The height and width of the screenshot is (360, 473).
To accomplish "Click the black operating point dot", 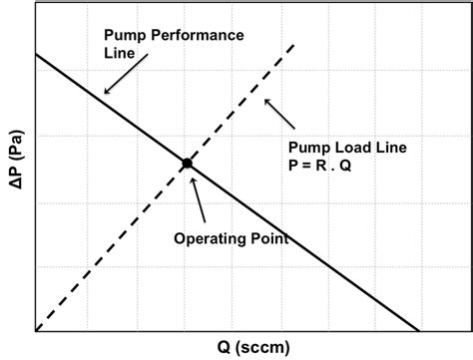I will click(187, 163).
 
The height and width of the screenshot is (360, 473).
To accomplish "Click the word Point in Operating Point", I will click(267, 238).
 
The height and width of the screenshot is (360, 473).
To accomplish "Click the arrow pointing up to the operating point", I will click(198, 199).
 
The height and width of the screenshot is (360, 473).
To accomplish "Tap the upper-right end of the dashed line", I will click(293, 44).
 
